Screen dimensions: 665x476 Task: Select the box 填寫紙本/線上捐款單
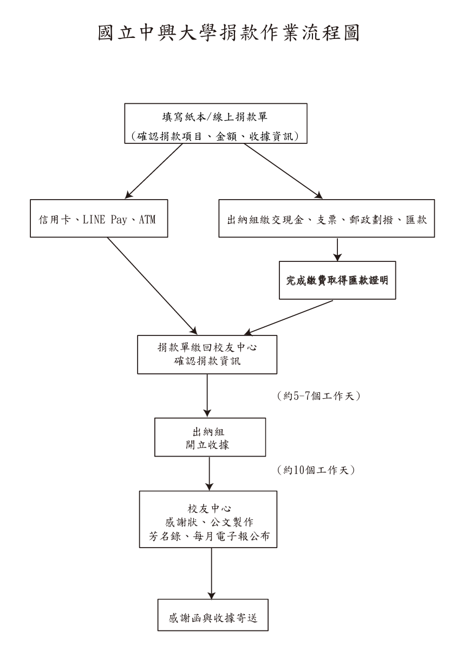(217, 124)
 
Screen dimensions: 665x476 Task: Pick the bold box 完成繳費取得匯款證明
(337, 281)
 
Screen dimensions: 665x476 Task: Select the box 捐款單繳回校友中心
(207, 354)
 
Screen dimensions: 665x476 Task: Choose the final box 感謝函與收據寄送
(212, 615)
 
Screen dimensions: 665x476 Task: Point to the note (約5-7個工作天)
(318, 397)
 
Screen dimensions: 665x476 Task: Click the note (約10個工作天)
(315, 470)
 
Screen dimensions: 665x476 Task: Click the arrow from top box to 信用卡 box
(154, 172)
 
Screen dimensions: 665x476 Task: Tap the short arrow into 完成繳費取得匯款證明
(337, 249)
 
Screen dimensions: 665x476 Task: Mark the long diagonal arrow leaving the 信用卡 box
(152, 285)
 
